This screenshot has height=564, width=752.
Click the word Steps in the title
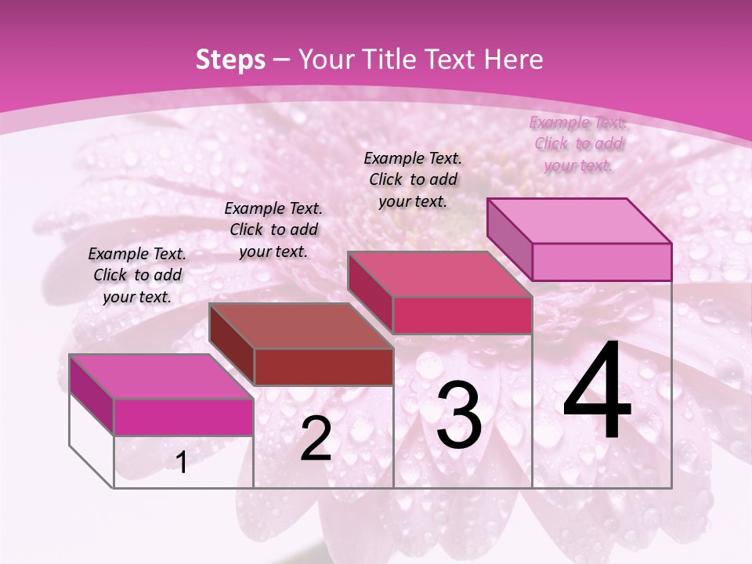pyautogui.click(x=230, y=60)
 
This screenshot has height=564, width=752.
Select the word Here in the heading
pyautogui.click(x=510, y=60)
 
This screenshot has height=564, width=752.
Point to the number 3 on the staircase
pyautogui.click(x=459, y=414)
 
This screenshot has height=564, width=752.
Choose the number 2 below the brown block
pyautogui.click(x=316, y=439)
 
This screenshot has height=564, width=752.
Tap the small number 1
pyautogui.click(x=182, y=463)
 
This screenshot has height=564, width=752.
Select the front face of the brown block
pyautogui.click(x=324, y=367)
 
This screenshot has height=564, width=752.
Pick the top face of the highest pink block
pyautogui.click(x=579, y=221)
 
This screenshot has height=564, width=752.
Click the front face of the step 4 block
pyautogui.click(x=602, y=262)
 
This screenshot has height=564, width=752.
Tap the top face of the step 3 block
pyautogui.click(x=439, y=274)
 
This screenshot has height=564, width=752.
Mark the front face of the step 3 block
pyautogui.click(x=462, y=315)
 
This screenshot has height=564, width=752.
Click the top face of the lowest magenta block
pyautogui.click(x=161, y=377)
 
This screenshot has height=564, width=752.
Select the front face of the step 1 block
pyautogui.click(x=183, y=417)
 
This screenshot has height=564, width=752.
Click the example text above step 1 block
pyautogui.click(x=137, y=275)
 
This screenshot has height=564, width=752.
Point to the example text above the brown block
pyautogui.click(x=273, y=230)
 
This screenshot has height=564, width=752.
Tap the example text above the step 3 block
pyautogui.click(x=413, y=179)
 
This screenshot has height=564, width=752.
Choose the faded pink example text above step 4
pyautogui.click(x=578, y=143)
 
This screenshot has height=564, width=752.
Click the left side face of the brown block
pyautogui.click(x=232, y=344)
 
